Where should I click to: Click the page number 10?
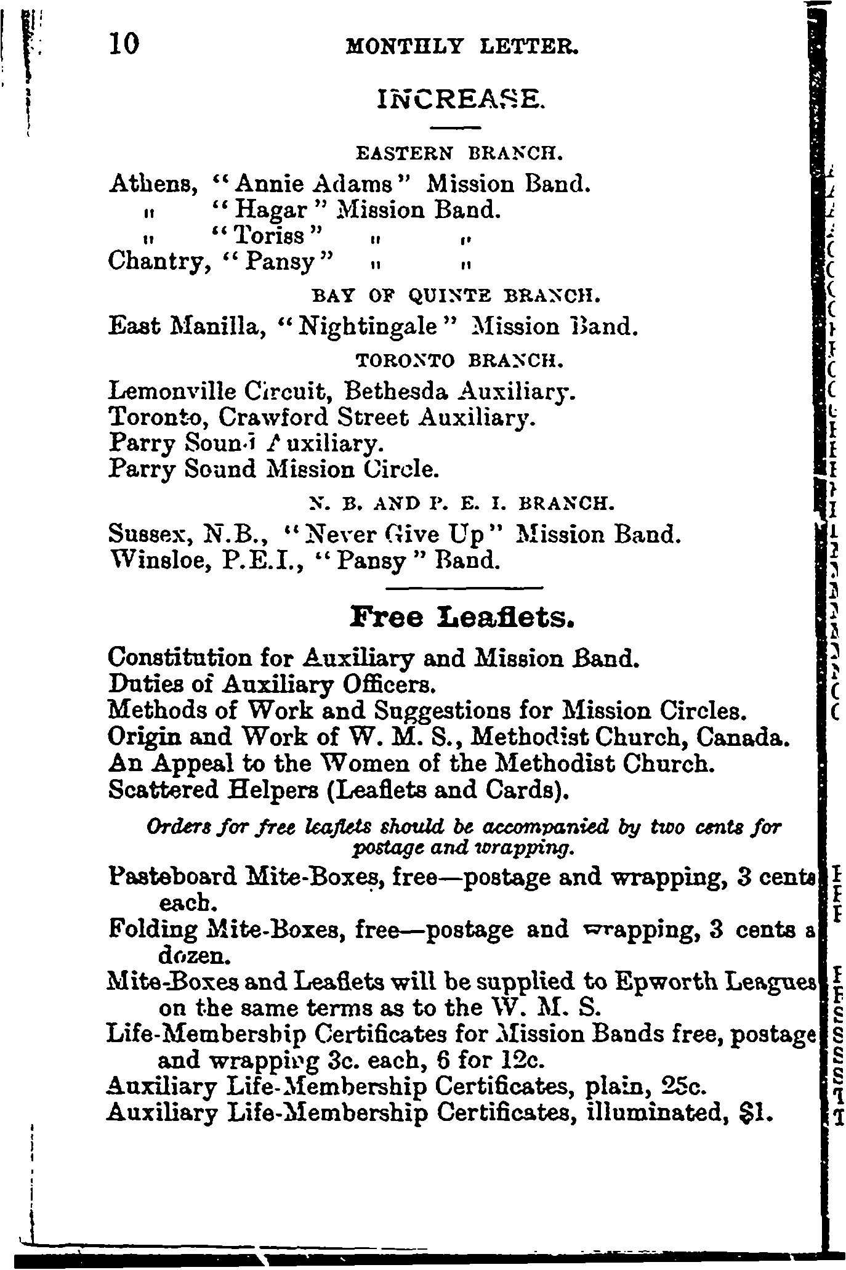tap(125, 44)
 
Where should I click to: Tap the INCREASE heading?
tap(461, 98)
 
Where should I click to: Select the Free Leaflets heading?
tap(462, 617)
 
